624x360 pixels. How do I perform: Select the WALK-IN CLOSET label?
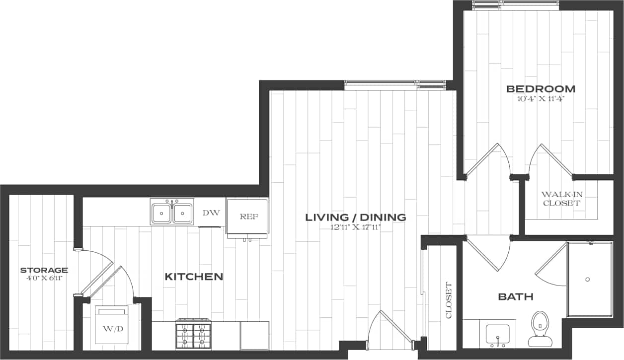[x=561, y=199]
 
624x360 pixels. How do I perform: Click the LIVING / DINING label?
[x=355, y=217]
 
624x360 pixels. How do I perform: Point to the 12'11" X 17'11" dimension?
[x=355, y=227]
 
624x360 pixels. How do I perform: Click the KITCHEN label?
[x=194, y=277]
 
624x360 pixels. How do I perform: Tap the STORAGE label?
[x=44, y=270]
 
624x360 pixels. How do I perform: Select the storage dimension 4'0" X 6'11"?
[x=44, y=278]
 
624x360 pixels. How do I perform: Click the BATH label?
[x=516, y=297]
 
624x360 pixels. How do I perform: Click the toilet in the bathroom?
[x=539, y=328]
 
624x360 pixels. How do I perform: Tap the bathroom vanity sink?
[x=497, y=334]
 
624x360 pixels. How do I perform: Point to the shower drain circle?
[x=587, y=280]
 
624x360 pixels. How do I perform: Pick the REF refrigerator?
[x=247, y=217]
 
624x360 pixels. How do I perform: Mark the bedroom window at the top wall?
[x=515, y=5]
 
